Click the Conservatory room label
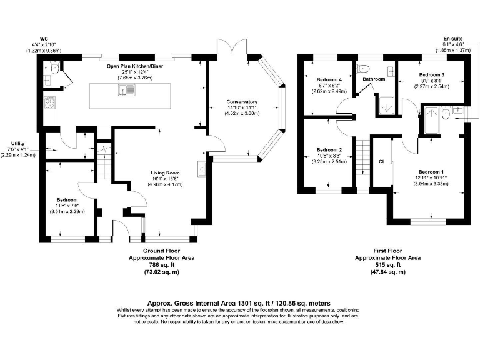(x=243, y=102)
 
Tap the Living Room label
(x=165, y=172)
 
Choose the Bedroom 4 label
(x=329, y=80)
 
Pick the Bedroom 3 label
(x=431, y=75)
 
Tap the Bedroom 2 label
(x=329, y=150)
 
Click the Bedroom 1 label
(x=431, y=172)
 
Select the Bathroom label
(x=374, y=79)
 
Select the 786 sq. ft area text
(x=153, y=265)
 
